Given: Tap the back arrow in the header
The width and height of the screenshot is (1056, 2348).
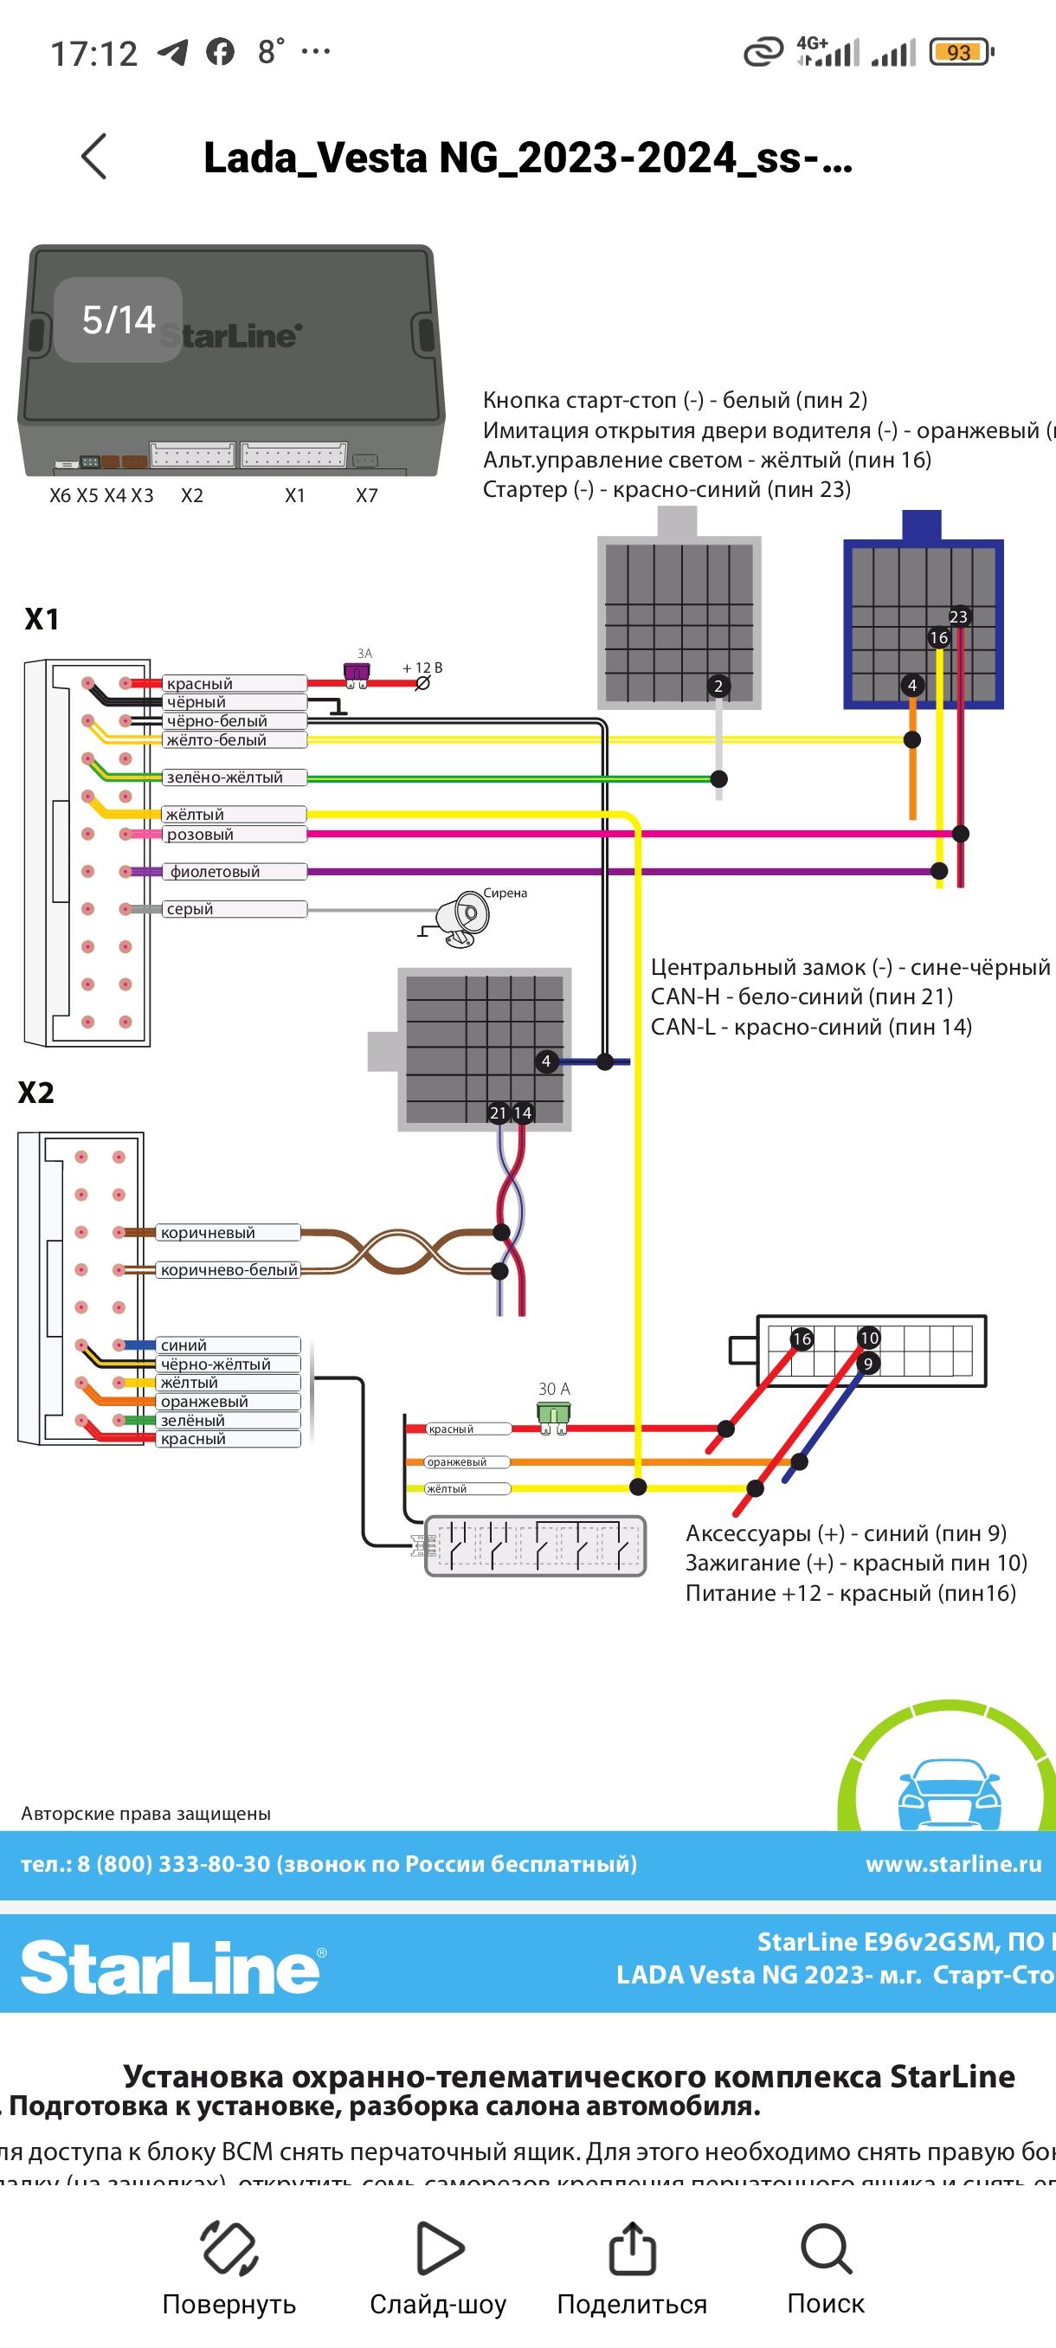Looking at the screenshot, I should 94,157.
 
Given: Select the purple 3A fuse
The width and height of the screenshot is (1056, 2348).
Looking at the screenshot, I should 357,674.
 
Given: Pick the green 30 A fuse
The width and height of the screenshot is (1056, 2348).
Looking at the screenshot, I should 553,1415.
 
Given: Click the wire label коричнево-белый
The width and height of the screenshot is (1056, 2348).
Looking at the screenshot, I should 229,1270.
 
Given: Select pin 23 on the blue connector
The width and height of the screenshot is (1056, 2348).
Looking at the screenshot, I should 958,617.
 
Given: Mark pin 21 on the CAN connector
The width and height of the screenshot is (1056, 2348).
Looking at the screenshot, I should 498,1113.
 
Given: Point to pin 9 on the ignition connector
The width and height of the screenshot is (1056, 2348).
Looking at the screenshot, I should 867,1364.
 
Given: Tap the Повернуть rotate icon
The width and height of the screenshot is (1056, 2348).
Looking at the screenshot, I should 229,2248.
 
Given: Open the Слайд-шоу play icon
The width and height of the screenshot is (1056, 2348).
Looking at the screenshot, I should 439,2248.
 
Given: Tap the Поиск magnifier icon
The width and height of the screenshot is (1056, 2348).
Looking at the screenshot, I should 826,2248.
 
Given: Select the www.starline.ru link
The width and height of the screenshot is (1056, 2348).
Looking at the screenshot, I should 953,1864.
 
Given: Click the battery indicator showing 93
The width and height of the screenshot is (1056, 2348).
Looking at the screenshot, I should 959,53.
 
